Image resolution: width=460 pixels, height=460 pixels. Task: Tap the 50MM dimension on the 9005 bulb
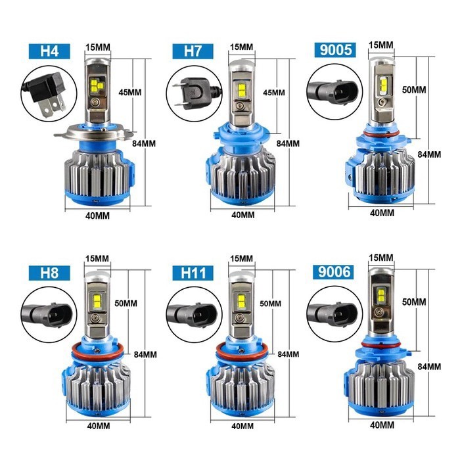[414, 89]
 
